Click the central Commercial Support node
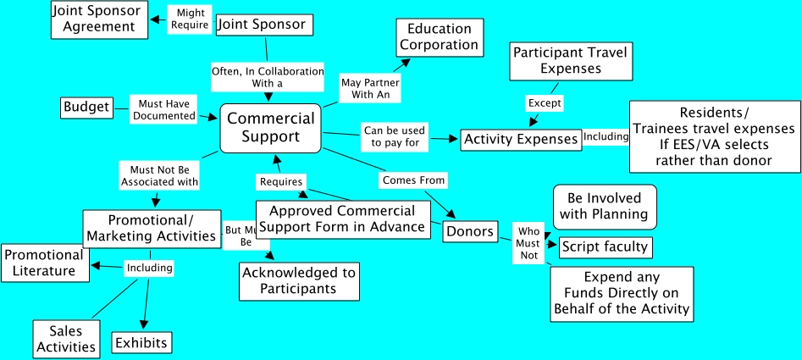click(x=271, y=128)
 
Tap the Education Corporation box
click(x=439, y=36)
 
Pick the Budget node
click(x=86, y=108)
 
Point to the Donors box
click(x=469, y=231)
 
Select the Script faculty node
click(x=605, y=246)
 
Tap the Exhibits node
click(x=141, y=342)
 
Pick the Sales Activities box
click(x=65, y=337)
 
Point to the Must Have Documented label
click(x=163, y=109)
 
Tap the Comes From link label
click(x=413, y=180)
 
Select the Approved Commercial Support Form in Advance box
click(x=342, y=219)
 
